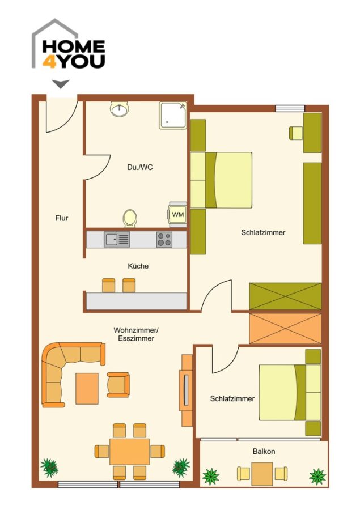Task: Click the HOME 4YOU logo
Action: [x=69, y=44]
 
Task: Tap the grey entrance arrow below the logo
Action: [x=61, y=84]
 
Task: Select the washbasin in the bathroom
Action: [x=119, y=109]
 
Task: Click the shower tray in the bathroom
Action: [x=173, y=116]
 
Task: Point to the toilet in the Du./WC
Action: [x=130, y=218]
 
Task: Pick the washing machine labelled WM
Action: [x=177, y=215]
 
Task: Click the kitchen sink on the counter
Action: [x=117, y=239]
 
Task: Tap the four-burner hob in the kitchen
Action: [x=164, y=239]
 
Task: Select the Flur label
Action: [x=62, y=218]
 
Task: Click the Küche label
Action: [x=138, y=266]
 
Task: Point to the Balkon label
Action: [x=264, y=452]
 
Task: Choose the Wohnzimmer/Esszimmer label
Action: [x=135, y=334]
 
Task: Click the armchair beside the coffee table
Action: [x=118, y=385]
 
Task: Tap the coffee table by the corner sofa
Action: [x=87, y=388]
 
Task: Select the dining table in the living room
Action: [x=130, y=452]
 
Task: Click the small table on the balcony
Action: [x=262, y=474]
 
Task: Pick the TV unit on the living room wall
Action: [x=187, y=390]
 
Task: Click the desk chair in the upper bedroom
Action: [x=296, y=133]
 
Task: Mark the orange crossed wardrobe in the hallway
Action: [x=285, y=328]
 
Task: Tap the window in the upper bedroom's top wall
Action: [x=290, y=108]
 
